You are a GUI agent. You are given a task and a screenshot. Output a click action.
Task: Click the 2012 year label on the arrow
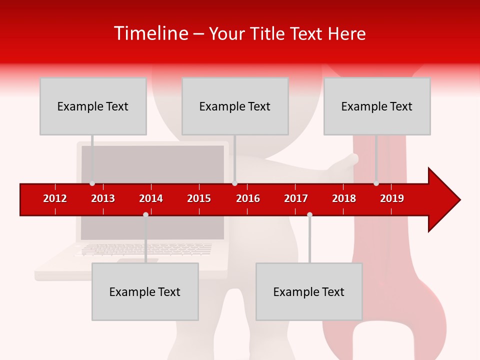(x=55, y=198)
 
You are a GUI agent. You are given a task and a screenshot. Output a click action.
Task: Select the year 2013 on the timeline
(x=103, y=198)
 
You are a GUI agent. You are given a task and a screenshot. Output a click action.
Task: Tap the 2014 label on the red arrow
(x=151, y=198)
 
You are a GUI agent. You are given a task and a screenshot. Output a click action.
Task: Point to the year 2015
(x=199, y=198)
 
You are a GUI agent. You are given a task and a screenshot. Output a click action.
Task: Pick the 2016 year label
(x=248, y=198)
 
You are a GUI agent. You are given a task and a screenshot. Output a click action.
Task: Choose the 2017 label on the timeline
(x=296, y=198)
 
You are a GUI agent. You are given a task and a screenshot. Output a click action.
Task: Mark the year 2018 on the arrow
(x=344, y=198)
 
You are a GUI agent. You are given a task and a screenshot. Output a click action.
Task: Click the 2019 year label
(x=392, y=198)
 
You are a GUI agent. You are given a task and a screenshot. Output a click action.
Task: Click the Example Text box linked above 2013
(x=93, y=106)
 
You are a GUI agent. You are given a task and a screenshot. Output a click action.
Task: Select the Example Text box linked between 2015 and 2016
(x=235, y=106)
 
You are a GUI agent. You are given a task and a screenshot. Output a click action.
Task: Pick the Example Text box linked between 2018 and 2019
(x=377, y=106)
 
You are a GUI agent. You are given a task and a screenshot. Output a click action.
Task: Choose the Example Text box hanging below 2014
(x=145, y=291)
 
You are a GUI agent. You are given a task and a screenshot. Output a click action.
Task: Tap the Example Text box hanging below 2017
(x=309, y=291)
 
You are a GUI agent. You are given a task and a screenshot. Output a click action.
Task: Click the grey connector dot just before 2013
(x=92, y=183)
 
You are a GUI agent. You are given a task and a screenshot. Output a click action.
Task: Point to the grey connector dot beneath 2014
(x=145, y=214)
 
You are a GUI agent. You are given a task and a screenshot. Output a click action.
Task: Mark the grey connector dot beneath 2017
(x=309, y=214)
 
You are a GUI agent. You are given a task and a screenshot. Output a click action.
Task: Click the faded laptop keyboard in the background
(x=145, y=249)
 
